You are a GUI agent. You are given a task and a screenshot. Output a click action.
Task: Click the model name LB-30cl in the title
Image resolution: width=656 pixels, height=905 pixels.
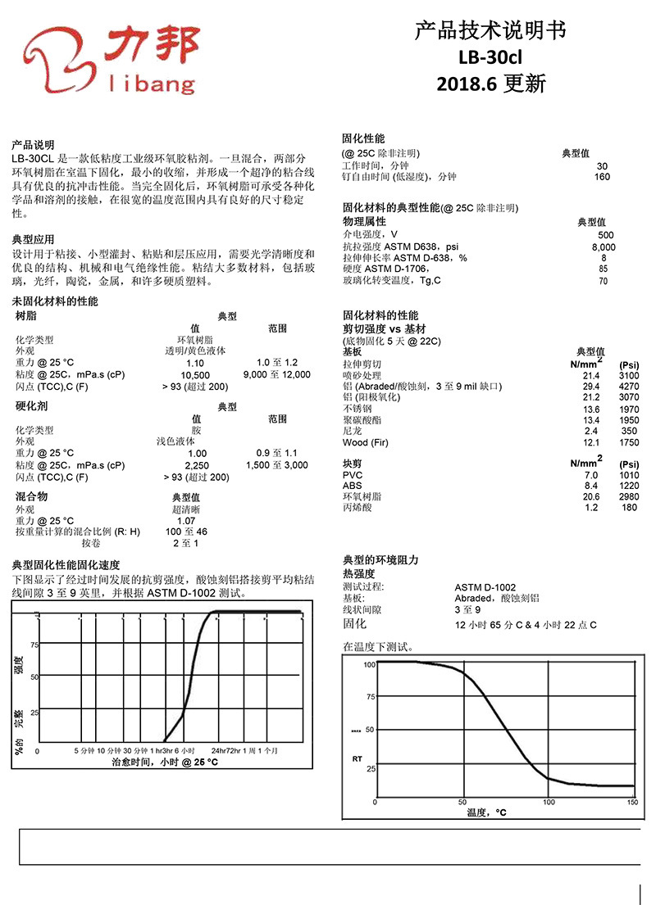tap(490, 58)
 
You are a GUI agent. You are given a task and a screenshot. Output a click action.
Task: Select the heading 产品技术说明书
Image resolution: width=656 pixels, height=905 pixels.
tap(490, 32)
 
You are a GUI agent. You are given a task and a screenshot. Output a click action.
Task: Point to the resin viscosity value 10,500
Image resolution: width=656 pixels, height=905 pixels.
tap(196, 374)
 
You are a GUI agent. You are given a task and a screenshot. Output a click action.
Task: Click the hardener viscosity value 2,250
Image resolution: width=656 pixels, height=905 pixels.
tap(197, 465)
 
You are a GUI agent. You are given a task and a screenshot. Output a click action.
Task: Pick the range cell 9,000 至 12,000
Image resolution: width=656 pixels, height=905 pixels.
tap(277, 374)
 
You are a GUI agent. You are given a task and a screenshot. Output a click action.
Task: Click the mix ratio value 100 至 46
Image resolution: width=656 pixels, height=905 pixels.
tap(190, 532)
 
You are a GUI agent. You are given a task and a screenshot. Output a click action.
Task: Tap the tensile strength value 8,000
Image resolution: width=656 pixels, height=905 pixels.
tap(604, 247)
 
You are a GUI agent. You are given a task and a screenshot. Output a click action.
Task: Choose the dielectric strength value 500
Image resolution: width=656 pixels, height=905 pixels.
tap(606, 235)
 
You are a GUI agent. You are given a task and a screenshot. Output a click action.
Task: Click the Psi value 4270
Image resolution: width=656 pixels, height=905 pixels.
tap(629, 386)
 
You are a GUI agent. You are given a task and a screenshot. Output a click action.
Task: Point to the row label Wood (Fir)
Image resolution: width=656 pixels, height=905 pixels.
tap(367, 443)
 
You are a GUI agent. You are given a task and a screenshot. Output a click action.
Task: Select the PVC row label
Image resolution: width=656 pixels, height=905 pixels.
tap(352, 475)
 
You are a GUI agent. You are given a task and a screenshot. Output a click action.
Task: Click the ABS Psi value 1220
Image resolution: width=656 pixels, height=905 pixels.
tap(629, 486)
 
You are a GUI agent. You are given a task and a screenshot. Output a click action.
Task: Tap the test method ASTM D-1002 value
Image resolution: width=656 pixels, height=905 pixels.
tap(485, 587)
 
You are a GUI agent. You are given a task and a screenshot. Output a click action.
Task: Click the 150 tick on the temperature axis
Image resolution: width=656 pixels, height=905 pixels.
tap(632, 803)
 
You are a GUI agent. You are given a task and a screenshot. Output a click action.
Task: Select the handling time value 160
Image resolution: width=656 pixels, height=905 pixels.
tap(602, 177)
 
